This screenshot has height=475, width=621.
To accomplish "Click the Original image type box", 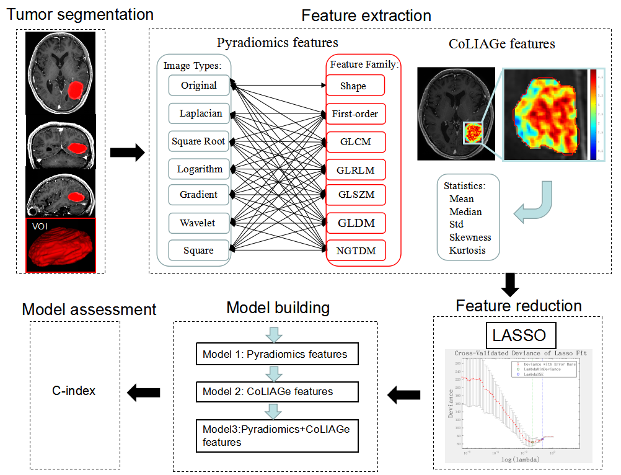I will click(198, 85).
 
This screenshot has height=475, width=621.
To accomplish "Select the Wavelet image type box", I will click(198, 222).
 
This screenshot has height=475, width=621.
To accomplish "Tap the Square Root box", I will click(198, 141).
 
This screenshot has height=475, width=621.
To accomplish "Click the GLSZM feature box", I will click(355, 195).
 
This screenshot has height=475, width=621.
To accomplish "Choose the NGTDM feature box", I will click(355, 250).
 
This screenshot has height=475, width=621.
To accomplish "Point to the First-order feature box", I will click(355, 113).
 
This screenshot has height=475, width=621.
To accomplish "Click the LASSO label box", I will click(519, 335).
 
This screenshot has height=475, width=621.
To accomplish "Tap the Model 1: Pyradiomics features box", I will click(277, 355).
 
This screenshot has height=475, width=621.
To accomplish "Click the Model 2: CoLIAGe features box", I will click(277, 391).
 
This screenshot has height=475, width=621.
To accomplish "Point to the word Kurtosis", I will click(467, 251).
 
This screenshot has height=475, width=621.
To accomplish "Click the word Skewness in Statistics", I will click(470, 238).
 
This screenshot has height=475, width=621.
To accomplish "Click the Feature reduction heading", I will click(519, 306).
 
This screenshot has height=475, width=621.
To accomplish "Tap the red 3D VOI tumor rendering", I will click(61, 244).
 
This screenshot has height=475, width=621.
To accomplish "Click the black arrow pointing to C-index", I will click(143, 391).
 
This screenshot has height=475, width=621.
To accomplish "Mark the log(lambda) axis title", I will click(520, 459).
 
